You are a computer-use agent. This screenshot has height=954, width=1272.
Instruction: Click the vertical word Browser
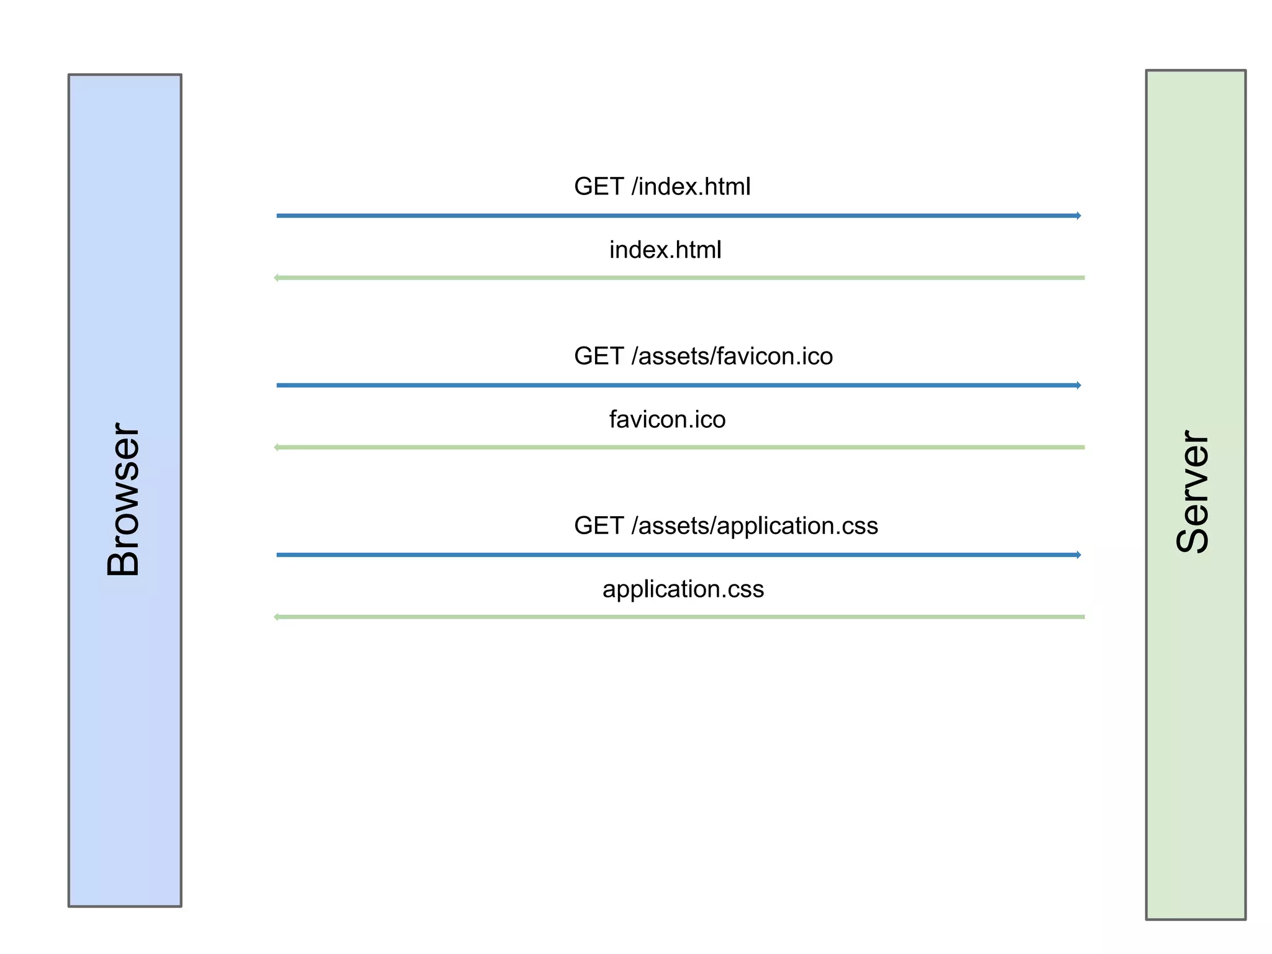pos(123,500)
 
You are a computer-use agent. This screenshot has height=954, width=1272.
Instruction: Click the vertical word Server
pos(1193,491)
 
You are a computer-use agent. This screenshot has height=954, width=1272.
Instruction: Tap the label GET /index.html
pos(662,186)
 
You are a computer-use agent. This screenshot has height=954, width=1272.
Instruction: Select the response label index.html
pos(665,250)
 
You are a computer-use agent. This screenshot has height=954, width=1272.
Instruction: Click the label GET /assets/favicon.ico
pos(703,356)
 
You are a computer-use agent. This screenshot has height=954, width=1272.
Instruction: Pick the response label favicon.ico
pos(667,419)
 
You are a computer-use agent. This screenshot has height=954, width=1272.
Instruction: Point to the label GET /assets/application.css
pos(725,525)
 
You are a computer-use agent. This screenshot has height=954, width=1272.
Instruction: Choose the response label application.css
pos(683,589)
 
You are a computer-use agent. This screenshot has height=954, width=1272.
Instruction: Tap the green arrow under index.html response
pos(679,278)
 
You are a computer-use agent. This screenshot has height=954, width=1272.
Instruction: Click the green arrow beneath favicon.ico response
pos(679,447)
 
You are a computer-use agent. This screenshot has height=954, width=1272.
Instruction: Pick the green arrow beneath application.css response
pos(679,617)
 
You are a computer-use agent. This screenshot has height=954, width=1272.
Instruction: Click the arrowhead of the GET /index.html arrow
pos(1079,216)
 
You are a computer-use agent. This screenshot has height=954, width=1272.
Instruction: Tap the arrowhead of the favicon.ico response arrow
pos(276,447)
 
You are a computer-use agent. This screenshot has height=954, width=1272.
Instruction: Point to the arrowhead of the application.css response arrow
pos(276,617)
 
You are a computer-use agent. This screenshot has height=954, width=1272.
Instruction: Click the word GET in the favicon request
pos(599,356)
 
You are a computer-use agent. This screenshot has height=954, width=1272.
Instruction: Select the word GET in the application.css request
pos(599,525)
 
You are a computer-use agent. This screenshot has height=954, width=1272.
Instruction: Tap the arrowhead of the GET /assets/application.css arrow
pos(1079,555)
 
